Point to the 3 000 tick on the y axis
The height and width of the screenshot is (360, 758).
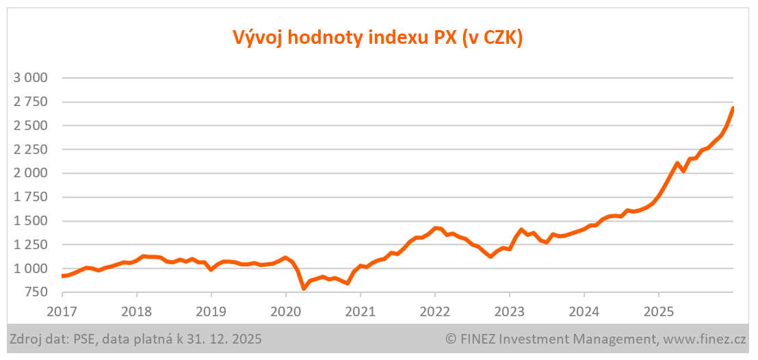point(30,78)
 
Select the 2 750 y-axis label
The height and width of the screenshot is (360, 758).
point(30,102)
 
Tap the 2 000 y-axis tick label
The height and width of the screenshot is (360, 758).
point(30,173)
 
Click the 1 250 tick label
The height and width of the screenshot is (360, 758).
point(30,245)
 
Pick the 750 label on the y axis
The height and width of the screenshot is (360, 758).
point(36,293)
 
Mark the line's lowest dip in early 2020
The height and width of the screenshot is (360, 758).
point(304,288)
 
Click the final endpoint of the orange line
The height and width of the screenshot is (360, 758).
point(733,108)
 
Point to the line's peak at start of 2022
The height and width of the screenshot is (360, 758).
point(434,229)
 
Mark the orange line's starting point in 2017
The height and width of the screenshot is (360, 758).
point(62,276)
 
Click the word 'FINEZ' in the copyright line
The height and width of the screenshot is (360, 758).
point(483,339)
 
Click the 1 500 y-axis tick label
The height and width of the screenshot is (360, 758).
point(30,221)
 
